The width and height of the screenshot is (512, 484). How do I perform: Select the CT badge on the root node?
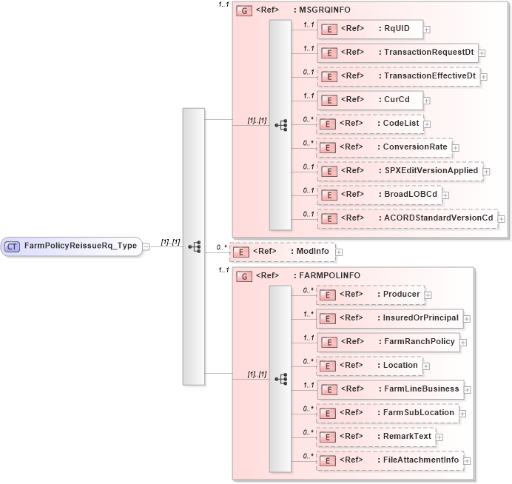tap(13, 246)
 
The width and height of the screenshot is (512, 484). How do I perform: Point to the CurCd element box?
tap(369, 99)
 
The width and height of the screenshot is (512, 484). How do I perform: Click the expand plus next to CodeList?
tap(427, 124)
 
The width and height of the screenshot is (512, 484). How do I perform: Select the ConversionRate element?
tap(384, 147)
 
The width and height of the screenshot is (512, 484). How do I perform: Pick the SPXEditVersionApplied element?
tap(400, 170)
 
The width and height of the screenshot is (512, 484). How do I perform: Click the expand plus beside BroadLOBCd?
tap(446, 195)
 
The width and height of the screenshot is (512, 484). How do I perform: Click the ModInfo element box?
tap(282, 252)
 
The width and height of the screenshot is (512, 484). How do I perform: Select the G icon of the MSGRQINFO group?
tap(242, 10)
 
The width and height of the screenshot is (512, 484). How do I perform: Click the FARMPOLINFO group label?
tap(327, 275)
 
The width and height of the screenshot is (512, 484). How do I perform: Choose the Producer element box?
tap(370, 294)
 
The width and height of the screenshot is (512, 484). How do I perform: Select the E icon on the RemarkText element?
tap(328, 437)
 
